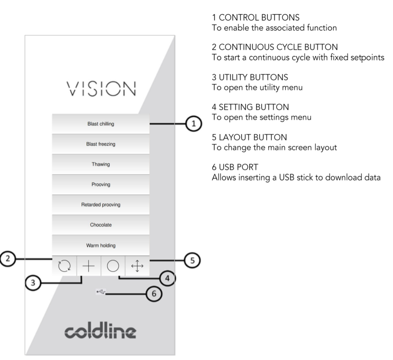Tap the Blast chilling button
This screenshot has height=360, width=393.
click(x=100, y=124)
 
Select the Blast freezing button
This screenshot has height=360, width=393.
click(x=100, y=144)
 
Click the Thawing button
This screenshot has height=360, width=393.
click(x=100, y=165)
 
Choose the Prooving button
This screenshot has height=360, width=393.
click(x=100, y=185)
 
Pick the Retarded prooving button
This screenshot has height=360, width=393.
click(x=100, y=205)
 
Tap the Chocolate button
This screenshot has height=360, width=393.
click(x=100, y=225)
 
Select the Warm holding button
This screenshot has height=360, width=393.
click(x=100, y=245)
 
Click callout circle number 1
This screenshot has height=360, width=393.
click(x=193, y=123)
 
